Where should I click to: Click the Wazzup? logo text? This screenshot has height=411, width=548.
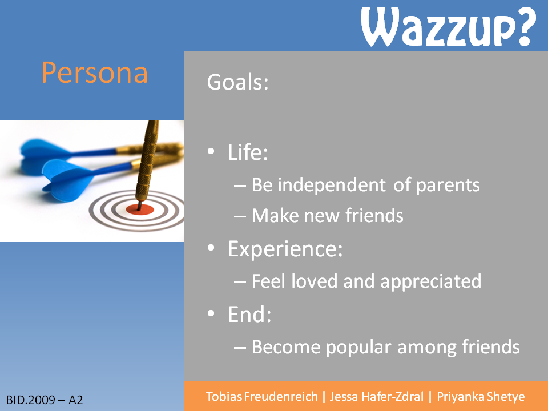pyautogui.click(x=449, y=27)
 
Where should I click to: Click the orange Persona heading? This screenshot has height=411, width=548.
pyautogui.click(x=94, y=72)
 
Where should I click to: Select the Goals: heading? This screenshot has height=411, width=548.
pyautogui.click(x=237, y=82)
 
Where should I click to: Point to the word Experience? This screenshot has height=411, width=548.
pyautogui.click(x=285, y=249)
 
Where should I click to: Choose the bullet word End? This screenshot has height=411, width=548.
pyautogui.click(x=249, y=314)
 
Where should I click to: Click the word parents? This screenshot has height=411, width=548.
pyautogui.click(x=448, y=185)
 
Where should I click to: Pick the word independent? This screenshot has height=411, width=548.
pyautogui.click(x=332, y=184)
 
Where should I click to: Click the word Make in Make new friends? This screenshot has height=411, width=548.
pyautogui.click(x=275, y=215)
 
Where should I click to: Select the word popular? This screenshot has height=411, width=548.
pyautogui.click(x=358, y=348)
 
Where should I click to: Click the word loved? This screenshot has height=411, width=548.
pyautogui.click(x=314, y=281)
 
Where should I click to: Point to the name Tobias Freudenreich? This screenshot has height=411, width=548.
pyautogui.click(x=262, y=397)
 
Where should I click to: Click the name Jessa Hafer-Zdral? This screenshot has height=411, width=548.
pyautogui.click(x=376, y=397)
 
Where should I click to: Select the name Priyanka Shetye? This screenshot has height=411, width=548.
pyautogui.click(x=481, y=397)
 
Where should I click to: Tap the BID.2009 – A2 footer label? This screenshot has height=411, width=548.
pyautogui.click(x=45, y=400)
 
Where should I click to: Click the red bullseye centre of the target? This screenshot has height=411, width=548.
pyautogui.click(x=140, y=209)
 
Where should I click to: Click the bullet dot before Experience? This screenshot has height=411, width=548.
pyautogui.click(x=211, y=248)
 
